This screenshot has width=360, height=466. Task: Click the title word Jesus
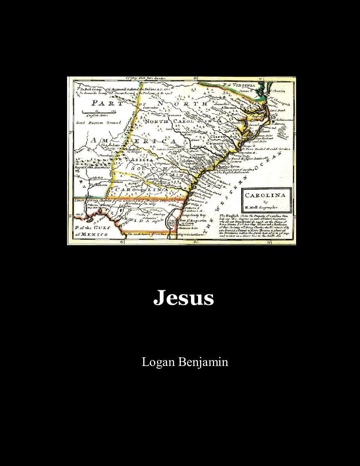tap(184, 298)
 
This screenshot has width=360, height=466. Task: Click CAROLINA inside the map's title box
tap(266, 195)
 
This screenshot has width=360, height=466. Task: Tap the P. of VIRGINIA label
tap(239, 85)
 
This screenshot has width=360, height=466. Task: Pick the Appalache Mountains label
tap(89, 167)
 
